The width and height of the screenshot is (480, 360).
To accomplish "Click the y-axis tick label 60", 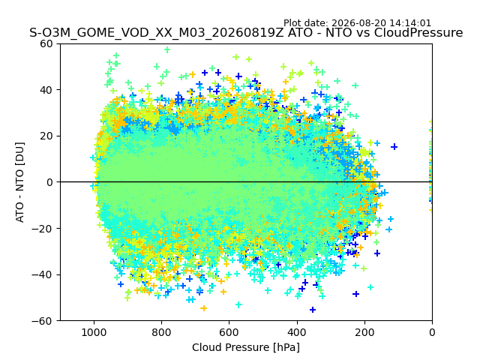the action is tap(46, 43).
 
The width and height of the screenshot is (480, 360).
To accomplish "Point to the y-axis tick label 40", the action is tap(46, 90).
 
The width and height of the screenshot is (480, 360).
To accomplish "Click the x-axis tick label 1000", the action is tap(94, 332).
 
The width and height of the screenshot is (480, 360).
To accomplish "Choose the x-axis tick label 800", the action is tap(162, 332).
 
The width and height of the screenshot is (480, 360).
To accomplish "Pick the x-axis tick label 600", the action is tap(229, 332).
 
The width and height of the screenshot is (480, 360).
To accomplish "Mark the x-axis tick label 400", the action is tap(297, 332).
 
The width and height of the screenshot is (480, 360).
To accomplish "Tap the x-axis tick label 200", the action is tap(364, 332).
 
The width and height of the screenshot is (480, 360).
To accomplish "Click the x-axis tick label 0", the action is tap(432, 332).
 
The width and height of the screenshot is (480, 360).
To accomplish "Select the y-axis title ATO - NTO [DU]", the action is tap(19, 182).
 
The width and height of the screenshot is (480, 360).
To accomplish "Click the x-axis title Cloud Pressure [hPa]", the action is tap(246, 347).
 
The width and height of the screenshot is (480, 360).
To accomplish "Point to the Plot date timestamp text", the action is tap(357, 23).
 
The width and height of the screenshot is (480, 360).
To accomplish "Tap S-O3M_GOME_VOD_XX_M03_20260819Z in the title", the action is tap(157, 32).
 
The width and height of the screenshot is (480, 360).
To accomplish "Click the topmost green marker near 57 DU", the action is tap(167, 49).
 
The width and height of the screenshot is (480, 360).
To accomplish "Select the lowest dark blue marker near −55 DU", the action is tap(313, 310).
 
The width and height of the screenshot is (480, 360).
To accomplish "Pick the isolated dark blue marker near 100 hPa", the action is tap(394, 147).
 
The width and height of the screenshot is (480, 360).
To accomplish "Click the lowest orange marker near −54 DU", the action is tap(203, 308).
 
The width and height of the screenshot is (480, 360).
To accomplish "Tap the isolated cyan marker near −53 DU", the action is tap(238, 304).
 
